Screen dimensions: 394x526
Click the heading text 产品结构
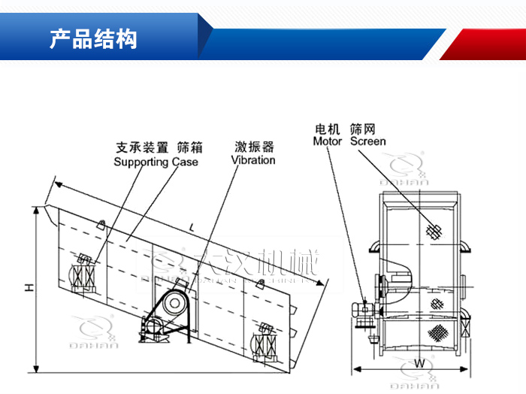point(93,39)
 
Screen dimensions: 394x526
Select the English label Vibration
point(253,159)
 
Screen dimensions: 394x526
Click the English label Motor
point(327,141)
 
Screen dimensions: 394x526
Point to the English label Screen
point(368,141)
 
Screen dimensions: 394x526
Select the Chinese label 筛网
point(364,129)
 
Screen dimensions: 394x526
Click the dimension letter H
point(29,287)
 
